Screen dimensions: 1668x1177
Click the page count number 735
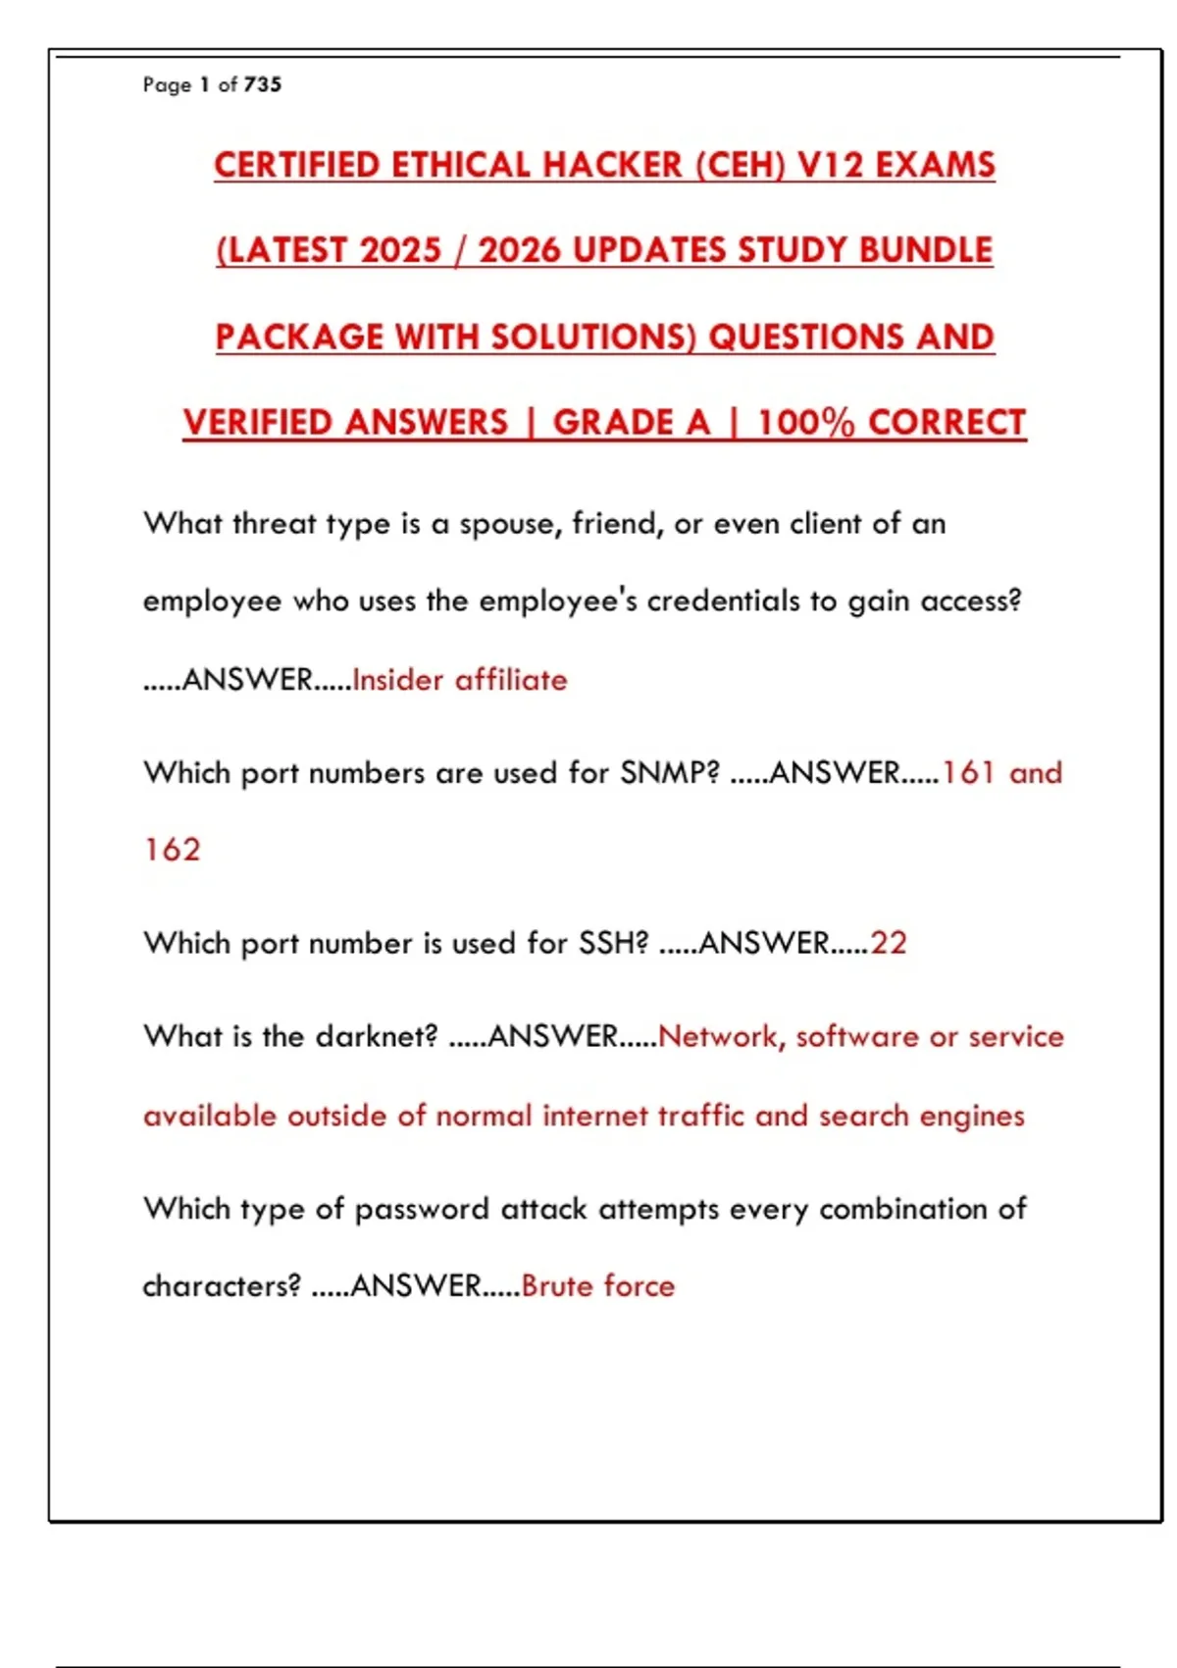pyautogui.click(x=263, y=84)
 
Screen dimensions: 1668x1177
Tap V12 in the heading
pyautogui.click(x=831, y=165)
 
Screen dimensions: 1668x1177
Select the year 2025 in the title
pyautogui.click(x=401, y=250)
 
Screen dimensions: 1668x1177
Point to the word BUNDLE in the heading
pyautogui.click(x=926, y=250)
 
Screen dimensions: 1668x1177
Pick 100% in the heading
pyautogui.click(x=806, y=423)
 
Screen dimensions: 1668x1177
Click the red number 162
pyautogui.click(x=173, y=850)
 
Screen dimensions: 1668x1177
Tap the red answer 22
pyautogui.click(x=889, y=943)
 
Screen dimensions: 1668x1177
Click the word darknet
pyautogui.click(x=377, y=1036)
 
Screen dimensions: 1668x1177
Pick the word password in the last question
pyautogui.click(x=422, y=1209)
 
